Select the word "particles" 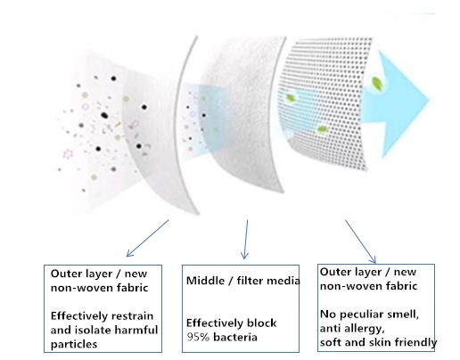click(x=74, y=344)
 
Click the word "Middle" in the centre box click(x=205, y=281)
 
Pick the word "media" click(x=283, y=281)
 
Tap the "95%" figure click(x=198, y=337)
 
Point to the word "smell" click(x=404, y=314)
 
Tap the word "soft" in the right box click(x=330, y=342)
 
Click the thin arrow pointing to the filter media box click(x=245, y=240)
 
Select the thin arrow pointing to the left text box click(x=147, y=238)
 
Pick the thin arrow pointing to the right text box click(x=360, y=241)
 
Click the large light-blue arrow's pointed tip click(x=429, y=100)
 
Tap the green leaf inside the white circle click(x=377, y=82)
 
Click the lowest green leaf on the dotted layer click(x=323, y=129)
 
